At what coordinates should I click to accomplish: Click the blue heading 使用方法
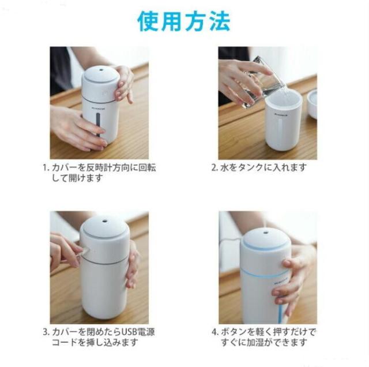click(x=184, y=22)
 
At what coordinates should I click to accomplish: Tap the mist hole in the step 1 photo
click(x=101, y=70)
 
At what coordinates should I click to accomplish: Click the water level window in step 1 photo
click(x=98, y=125)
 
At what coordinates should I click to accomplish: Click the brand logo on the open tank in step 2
click(x=281, y=115)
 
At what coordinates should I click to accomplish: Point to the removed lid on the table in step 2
click(x=312, y=104)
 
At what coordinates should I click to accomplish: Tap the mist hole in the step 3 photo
click(x=104, y=221)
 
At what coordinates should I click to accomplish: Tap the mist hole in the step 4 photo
click(x=266, y=233)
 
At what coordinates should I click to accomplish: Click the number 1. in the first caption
click(x=46, y=168)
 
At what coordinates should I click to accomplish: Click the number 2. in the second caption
click(x=214, y=168)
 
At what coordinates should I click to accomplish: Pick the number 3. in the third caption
click(x=46, y=332)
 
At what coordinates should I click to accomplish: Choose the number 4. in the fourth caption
click(x=215, y=332)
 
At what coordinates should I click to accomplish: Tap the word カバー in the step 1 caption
click(x=64, y=168)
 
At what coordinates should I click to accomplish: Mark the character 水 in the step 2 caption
click(x=224, y=168)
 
